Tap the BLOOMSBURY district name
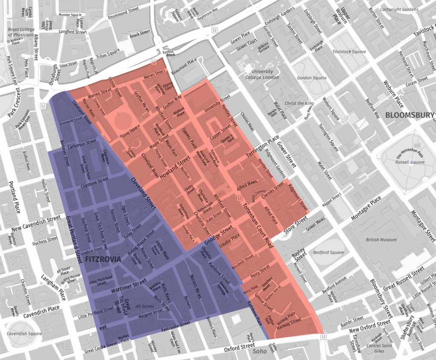click(x=409, y=115)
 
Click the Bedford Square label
click(x=328, y=253)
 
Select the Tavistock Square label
click(x=349, y=52)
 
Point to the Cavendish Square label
click(x=22, y=334)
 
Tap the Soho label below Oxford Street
click(x=259, y=351)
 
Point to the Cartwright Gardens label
click(x=399, y=9)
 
